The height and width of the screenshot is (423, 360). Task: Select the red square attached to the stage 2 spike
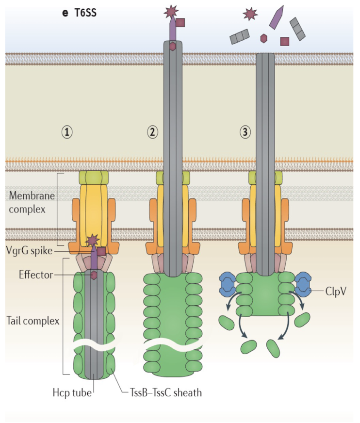pos(180,23)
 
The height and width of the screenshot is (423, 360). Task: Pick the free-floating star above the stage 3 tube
pos(250,15)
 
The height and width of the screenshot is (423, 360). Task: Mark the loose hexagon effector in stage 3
pos(264,38)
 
